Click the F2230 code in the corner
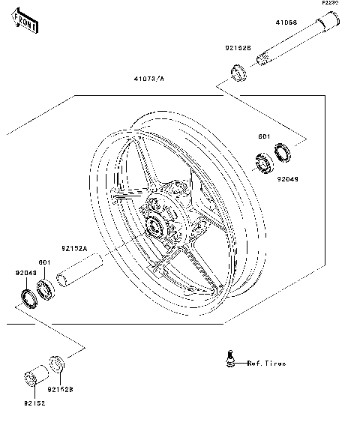[331, 4]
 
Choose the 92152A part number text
[74, 247]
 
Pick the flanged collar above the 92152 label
[34, 376]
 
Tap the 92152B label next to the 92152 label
[60, 390]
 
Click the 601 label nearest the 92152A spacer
[44, 262]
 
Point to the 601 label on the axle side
[263, 137]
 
